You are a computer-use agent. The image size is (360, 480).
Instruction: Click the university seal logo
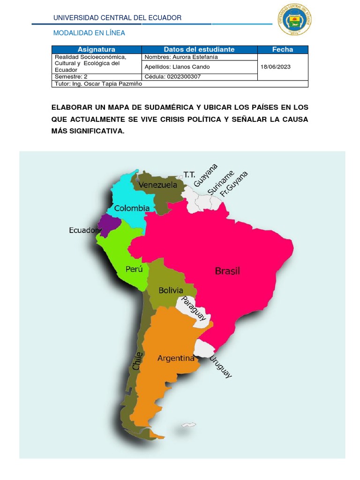(x=294, y=20)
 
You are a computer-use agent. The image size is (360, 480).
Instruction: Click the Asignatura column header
(x=96, y=49)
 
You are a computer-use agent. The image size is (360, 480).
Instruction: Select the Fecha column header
(x=282, y=49)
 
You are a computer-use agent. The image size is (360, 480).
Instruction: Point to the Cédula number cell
(x=173, y=76)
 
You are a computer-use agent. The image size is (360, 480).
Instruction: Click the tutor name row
(x=98, y=84)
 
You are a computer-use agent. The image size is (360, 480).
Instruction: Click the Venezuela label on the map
(x=157, y=185)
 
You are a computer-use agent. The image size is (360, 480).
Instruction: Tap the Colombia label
(x=132, y=208)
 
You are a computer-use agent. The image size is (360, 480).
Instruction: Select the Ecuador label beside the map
(x=83, y=231)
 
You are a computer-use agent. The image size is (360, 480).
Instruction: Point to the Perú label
(x=134, y=269)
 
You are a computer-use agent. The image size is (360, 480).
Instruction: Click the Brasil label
(x=227, y=271)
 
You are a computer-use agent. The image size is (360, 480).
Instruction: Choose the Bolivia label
(x=171, y=290)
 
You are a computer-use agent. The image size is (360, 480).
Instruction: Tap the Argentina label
(x=176, y=358)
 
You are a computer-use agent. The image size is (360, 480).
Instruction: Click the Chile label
(x=137, y=361)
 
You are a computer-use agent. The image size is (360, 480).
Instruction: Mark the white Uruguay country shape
(x=204, y=348)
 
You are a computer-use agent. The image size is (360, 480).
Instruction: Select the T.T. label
(x=189, y=174)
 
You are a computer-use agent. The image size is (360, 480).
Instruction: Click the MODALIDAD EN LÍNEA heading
(x=89, y=33)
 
